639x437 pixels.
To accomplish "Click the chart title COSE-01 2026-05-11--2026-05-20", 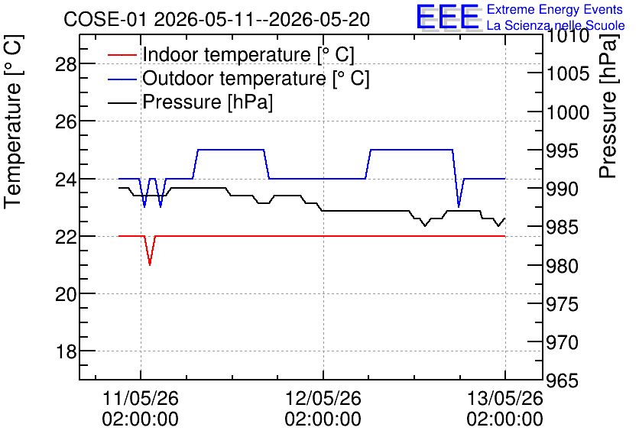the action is click(216, 19).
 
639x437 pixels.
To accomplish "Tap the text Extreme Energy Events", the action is click(555, 9).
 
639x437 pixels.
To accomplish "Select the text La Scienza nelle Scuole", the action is click(556, 25).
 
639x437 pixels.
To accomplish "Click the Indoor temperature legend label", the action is click(248, 54).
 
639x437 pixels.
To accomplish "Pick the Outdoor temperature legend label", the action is click(255, 78).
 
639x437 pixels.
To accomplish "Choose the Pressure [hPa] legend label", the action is click(207, 102).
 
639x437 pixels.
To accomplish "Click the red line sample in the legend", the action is click(122, 54).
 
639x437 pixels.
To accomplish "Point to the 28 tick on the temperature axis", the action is click(66, 64).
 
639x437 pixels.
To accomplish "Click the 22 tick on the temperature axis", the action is click(66, 237).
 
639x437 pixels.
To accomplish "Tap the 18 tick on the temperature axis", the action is click(66, 351).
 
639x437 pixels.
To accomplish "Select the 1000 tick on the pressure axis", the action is click(568, 112).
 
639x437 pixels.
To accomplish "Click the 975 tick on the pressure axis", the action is click(562, 304).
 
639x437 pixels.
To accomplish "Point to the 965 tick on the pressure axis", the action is click(562, 380).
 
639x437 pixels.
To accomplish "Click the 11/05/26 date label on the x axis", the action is click(141, 398).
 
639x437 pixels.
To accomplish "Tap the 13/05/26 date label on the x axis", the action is click(505, 398).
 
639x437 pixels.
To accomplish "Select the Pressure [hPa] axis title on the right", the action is click(608, 107).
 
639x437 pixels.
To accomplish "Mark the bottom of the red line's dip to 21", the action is click(150, 265).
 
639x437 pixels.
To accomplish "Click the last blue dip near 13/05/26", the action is click(459, 206).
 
